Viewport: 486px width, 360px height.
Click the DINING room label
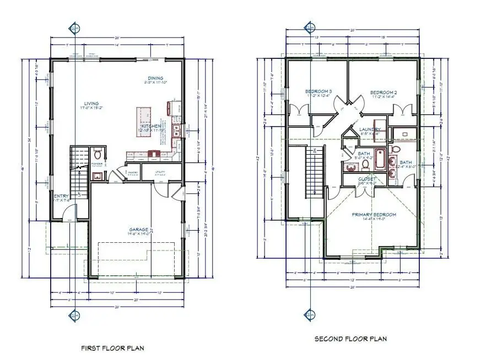point(155,78)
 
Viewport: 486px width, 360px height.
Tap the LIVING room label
point(91,103)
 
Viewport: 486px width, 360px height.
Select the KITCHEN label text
point(152,126)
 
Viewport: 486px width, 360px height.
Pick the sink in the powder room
point(97,176)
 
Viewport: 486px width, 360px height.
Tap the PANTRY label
point(131,172)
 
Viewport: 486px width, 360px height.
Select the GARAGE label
point(138,229)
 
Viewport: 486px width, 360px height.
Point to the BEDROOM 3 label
point(318,91)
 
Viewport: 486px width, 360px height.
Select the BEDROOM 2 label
point(384,92)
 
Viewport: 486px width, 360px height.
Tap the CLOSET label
point(367,179)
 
